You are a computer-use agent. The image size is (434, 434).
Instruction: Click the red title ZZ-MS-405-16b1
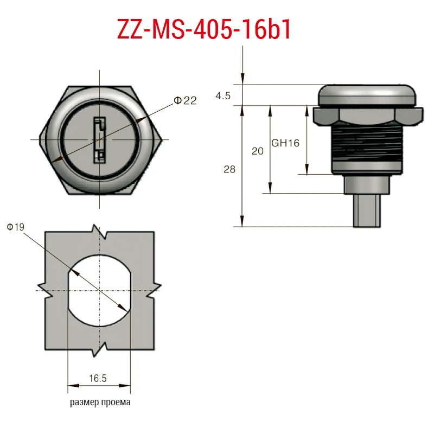point(204,29)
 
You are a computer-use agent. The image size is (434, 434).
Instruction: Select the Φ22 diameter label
point(185,100)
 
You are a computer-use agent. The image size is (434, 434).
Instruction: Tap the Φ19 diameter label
point(16,227)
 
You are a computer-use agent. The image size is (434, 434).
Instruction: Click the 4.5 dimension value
point(223,96)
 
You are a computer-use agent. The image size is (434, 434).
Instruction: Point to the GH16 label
point(285,143)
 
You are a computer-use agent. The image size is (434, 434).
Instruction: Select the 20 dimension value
point(257,151)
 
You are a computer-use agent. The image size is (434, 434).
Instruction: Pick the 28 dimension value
point(229,169)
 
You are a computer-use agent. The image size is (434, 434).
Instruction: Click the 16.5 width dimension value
point(98,378)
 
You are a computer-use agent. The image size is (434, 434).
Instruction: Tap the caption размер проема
point(100,402)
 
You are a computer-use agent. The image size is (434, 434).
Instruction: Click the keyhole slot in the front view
point(99,140)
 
